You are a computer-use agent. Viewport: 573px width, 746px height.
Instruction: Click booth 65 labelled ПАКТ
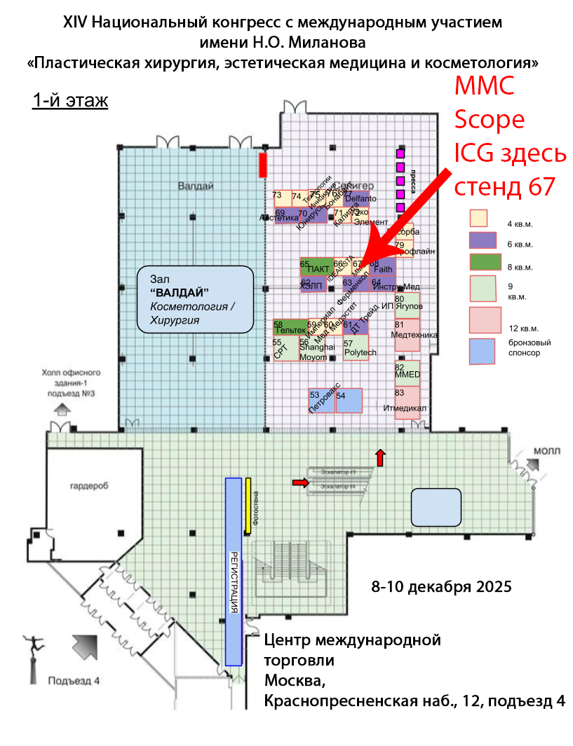coord(316,268)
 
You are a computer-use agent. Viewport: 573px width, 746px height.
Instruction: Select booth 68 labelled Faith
coord(383,268)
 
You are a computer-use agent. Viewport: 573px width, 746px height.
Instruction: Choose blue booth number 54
coord(349,401)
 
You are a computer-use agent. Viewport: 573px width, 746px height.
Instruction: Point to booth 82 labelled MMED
coord(407,373)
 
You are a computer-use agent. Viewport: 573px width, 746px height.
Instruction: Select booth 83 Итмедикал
coord(407,403)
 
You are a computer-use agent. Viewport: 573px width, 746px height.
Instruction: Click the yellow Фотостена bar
coord(248,505)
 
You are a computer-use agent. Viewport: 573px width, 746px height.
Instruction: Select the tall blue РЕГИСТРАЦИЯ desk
coord(233,570)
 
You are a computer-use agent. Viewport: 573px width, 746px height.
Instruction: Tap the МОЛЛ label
coord(546,450)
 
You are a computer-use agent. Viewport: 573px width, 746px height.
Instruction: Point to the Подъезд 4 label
coord(74,680)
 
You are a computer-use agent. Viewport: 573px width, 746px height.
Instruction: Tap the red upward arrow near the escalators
coord(380,457)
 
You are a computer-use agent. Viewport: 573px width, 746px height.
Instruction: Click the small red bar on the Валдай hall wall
coord(263,165)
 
